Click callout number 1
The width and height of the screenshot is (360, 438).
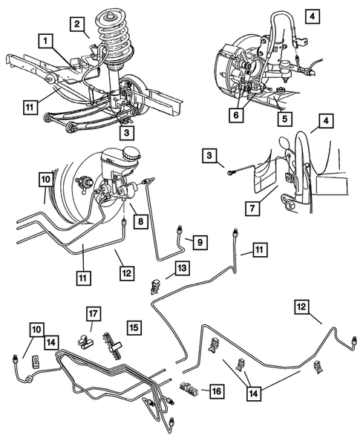pyautogui.click(x=47, y=39)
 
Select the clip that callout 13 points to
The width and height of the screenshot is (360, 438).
pyautogui.click(x=157, y=284)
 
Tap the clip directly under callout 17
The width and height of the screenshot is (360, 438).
pyautogui.click(x=87, y=341)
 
